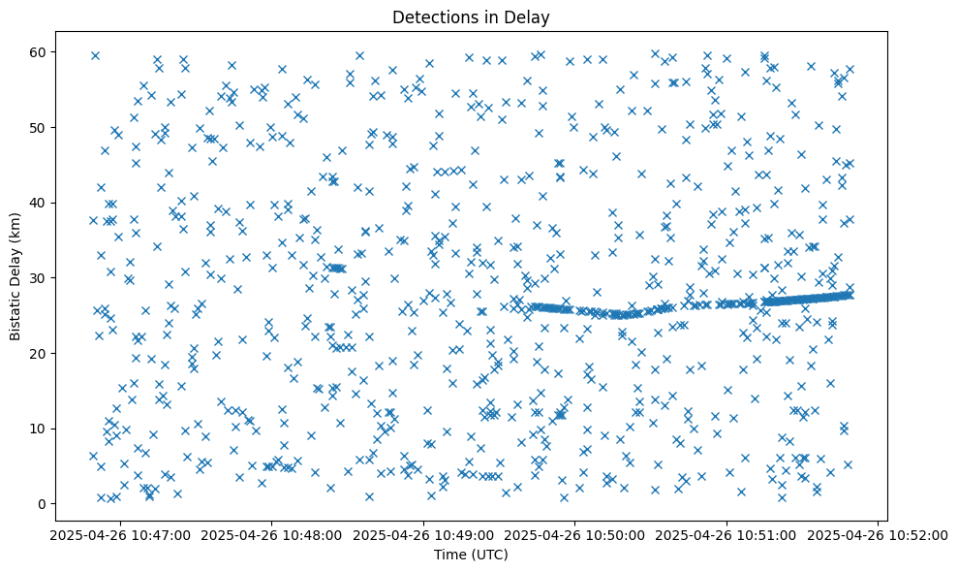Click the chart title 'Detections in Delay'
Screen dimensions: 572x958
(x=470, y=17)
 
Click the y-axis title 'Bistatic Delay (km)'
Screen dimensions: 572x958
(x=16, y=277)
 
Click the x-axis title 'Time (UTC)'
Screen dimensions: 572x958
(x=470, y=555)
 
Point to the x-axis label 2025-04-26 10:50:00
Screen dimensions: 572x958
(x=573, y=534)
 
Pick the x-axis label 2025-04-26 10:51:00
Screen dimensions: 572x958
(x=726, y=534)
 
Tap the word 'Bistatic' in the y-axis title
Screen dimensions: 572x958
(x=16, y=312)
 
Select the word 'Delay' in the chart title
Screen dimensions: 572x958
(x=529, y=17)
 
